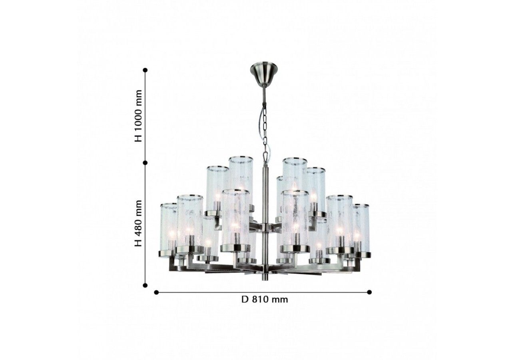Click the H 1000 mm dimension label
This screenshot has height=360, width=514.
[138, 116]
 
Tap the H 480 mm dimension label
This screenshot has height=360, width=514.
[138, 223]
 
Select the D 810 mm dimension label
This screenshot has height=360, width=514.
[265, 300]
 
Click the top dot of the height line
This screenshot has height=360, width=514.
[145, 70]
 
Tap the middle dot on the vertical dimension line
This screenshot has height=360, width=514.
[145, 163]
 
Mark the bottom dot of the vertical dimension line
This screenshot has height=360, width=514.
[145, 285]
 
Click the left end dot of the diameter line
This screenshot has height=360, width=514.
[157, 292]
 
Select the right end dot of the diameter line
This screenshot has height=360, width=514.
[369, 292]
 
